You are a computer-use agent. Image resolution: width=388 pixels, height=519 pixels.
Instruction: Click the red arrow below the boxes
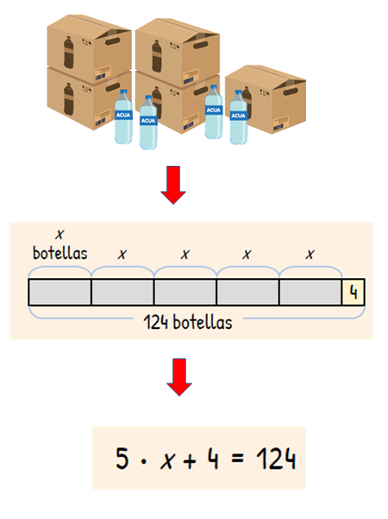tap(173, 185)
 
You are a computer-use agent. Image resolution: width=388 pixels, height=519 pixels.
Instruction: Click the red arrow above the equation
tap(179, 377)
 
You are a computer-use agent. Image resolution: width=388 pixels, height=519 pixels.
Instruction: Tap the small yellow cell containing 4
tap(354, 292)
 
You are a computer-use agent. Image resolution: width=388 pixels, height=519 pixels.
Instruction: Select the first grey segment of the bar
tap(59, 292)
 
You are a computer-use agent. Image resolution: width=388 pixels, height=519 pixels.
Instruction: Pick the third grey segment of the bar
tap(185, 292)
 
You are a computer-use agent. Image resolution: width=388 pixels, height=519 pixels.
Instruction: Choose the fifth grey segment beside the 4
tap(310, 292)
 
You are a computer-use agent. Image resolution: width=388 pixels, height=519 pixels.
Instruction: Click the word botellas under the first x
tap(60, 253)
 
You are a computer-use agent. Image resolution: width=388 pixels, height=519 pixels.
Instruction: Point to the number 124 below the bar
tap(156, 322)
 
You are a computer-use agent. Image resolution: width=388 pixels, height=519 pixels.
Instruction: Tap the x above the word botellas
tap(59, 234)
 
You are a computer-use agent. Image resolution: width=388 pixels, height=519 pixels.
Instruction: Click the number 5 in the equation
tap(122, 458)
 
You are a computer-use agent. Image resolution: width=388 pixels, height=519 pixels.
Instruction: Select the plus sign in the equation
tap(190, 460)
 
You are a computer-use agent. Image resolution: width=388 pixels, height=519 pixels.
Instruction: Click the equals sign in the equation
tap(238, 458)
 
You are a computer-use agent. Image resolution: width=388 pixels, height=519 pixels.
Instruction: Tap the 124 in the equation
tap(276, 459)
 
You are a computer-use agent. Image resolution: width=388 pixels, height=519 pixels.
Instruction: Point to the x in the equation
tap(167, 460)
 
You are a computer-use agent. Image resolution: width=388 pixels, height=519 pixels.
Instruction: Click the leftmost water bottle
tap(123, 117)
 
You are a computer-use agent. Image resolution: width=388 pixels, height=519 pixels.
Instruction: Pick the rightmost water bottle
tap(238, 117)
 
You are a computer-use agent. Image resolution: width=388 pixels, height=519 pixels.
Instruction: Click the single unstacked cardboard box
tap(266, 99)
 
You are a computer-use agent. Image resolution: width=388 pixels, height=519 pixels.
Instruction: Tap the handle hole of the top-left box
tap(113, 41)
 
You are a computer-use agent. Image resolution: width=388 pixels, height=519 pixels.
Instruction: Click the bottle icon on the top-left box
tap(68, 53)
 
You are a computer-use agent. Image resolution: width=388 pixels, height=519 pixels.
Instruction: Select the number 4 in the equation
tap(213, 459)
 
